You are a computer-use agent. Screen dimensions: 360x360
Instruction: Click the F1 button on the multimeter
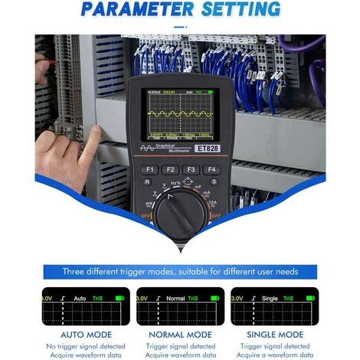(x=149, y=169)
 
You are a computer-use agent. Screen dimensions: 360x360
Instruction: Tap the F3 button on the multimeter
(x=191, y=169)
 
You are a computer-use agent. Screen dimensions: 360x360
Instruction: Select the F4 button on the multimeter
(x=212, y=169)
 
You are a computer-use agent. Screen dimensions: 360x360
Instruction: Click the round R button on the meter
(x=147, y=182)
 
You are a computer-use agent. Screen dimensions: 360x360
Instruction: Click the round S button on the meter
(x=214, y=182)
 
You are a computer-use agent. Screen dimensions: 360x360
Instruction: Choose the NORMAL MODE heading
(x=180, y=335)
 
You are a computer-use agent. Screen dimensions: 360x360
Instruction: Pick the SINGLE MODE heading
(x=278, y=335)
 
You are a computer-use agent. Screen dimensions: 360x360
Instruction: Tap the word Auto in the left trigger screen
(x=80, y=297)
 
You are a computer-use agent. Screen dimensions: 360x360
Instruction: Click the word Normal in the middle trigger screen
(x=176, y=297)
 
